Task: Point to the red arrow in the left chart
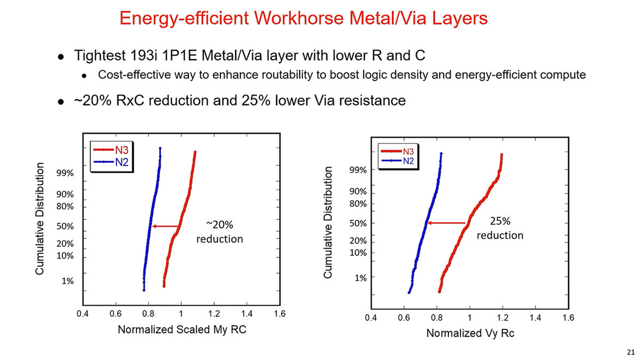point(165,226)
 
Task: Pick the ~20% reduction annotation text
point(219,231)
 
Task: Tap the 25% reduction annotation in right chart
point(500,228)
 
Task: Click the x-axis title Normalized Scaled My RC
point(182,330)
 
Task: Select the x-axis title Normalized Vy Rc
point(469,333)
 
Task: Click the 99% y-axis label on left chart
point(66,173)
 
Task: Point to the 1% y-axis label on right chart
point(361,278)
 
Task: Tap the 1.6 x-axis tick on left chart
point(279,314)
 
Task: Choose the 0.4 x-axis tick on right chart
point(371,318)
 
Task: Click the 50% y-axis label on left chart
point(66,226)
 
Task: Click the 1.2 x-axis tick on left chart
point(214,314)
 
